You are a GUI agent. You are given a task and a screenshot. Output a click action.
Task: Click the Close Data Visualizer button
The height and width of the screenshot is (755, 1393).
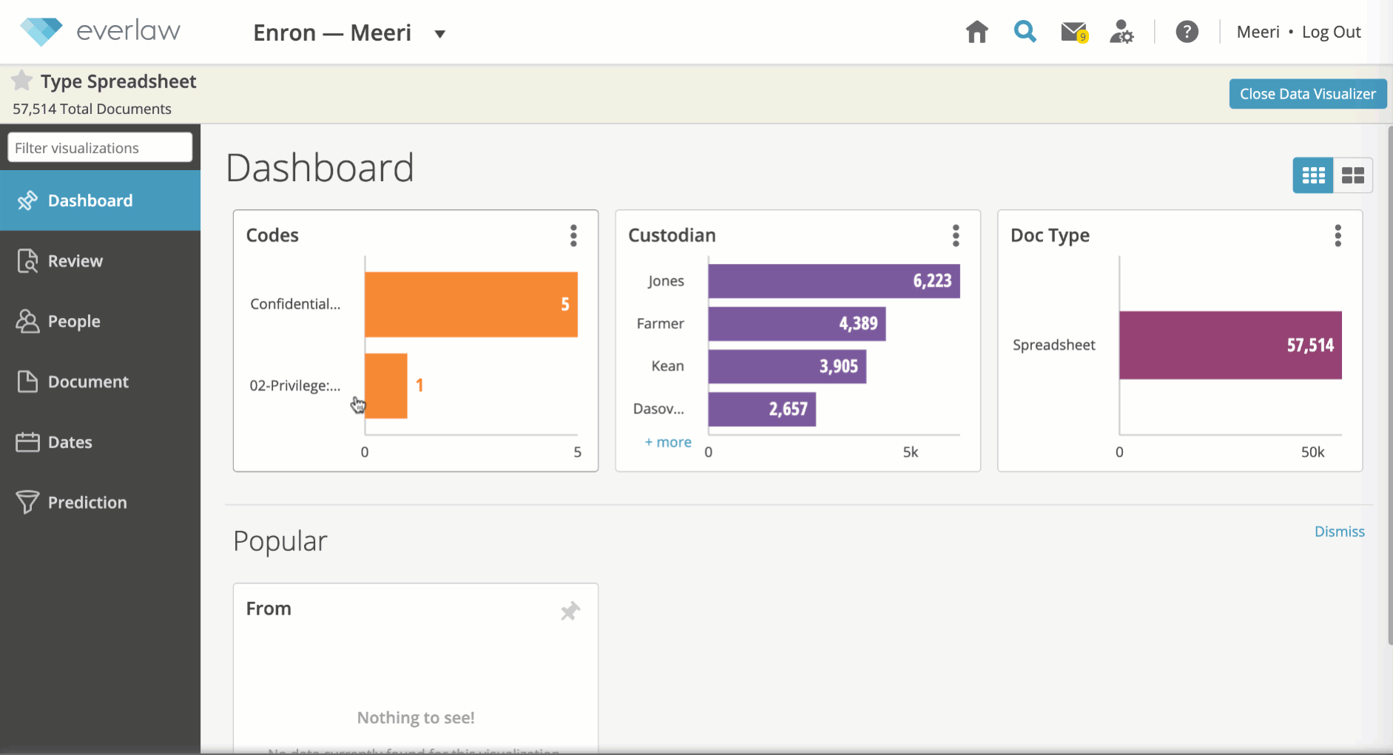(1307, 94)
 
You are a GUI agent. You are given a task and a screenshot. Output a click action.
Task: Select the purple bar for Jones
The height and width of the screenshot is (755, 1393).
(833, 281)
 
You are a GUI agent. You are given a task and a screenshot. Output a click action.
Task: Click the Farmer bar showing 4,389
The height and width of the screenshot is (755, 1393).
(796, 324)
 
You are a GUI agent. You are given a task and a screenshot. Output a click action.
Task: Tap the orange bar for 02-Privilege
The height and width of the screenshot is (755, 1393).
(386, 386)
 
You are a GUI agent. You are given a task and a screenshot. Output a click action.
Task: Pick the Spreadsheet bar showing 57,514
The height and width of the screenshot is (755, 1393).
(1230, 345)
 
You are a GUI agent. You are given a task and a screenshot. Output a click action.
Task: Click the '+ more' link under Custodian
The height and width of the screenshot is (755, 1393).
(668, 442)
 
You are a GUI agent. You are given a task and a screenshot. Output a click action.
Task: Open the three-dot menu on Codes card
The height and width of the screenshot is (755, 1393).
(573, 235)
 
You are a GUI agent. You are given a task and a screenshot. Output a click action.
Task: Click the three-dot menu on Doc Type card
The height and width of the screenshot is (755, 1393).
(1338, 235)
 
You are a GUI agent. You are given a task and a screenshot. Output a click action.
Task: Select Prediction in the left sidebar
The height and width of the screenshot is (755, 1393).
(87, 503)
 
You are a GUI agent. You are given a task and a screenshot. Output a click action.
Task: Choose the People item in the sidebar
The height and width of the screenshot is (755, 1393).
(73, 322)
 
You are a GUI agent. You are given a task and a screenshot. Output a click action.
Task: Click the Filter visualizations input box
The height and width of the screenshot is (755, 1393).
(100, 148)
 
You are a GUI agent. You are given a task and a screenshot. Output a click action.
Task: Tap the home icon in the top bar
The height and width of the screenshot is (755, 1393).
(977, 32)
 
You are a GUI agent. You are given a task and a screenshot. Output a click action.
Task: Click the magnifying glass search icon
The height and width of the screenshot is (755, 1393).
(1025, 32)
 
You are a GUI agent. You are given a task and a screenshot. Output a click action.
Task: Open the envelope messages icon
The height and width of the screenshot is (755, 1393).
(1073, 32)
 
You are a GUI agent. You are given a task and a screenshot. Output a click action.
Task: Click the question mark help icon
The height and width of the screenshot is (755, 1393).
(1187, 32)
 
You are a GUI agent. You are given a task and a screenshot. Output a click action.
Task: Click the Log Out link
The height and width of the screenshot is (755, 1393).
(1331, 32)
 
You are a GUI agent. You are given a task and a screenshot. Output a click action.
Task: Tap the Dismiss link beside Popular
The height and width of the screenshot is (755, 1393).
(1339, 532)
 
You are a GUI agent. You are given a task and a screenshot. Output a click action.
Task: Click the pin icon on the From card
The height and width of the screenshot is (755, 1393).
(570, 611)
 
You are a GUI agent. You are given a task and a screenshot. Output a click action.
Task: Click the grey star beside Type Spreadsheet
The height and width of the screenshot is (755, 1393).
(22, 80)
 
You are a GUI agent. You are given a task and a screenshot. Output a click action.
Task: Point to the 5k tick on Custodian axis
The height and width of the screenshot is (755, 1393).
(910, 452)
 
